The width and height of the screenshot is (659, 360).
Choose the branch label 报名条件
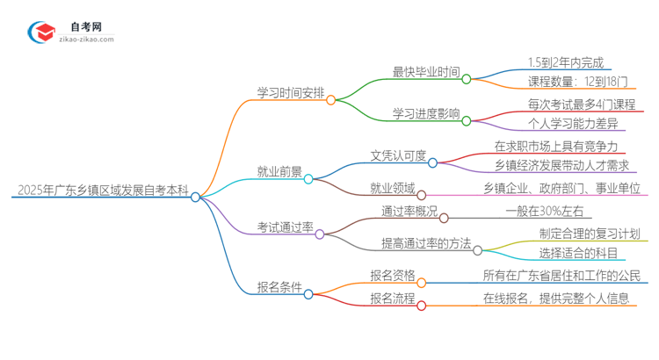[x=279, y=287]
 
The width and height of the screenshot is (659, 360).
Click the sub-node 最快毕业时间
[x=425, y=71]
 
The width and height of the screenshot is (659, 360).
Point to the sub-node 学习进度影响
[x=425, y=114]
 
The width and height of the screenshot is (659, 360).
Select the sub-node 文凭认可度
[x=398, y=155]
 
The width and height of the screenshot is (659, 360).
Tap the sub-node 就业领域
[x=392, y=187]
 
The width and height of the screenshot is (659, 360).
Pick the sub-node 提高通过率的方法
[x=426, y=242]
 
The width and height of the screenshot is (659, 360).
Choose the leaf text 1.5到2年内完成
[x=566, y=62]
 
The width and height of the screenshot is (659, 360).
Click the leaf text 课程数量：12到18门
[x=577, y=83]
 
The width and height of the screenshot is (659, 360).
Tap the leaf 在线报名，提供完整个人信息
[x=556, y=298]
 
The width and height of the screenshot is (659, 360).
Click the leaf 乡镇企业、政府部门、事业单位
[x=561, y=187]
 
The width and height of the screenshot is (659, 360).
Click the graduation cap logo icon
[x=41, y=32]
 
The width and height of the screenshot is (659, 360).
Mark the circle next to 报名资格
[x=422, y=282]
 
